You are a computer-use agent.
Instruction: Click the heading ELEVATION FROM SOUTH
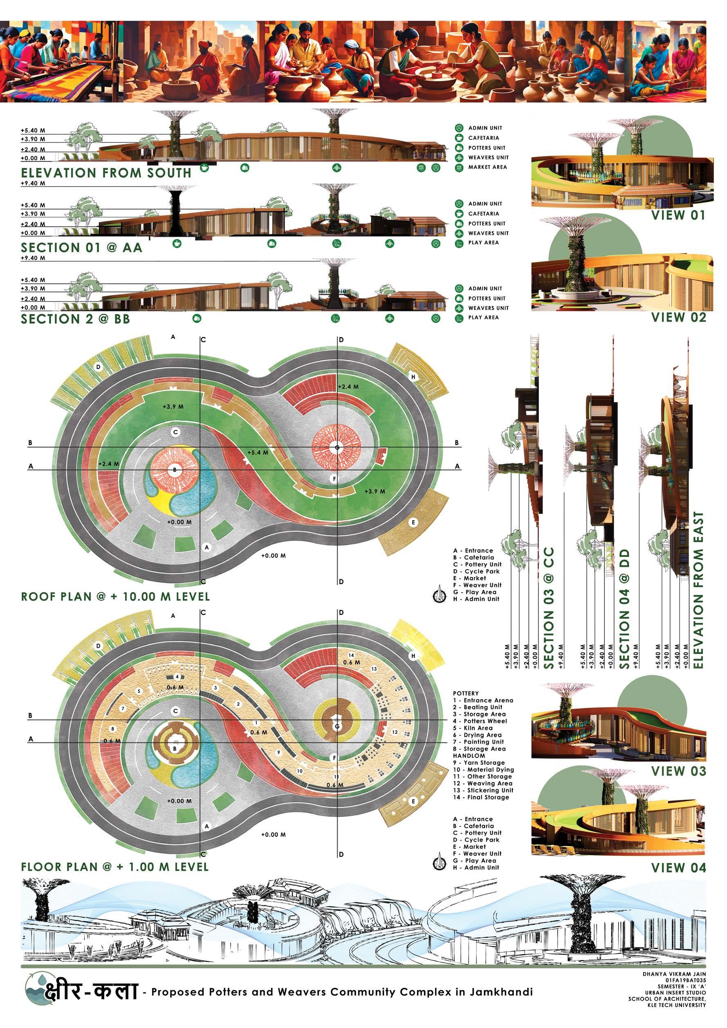[x=106, y=173]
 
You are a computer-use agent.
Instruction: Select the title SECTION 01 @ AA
[x=81, y=248]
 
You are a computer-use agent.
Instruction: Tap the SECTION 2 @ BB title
[x=75, y=319]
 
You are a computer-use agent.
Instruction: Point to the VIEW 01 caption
[x=678, y=215]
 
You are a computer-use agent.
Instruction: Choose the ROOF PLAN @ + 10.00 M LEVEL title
[x=115, y=597]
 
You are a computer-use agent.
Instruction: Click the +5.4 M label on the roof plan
[x=258, y=452]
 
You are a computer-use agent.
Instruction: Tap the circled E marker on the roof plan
[x=413, y=522]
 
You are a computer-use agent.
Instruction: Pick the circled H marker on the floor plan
[x=413, y=656]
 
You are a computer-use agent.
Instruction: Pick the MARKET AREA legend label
[x=487, y=167]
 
